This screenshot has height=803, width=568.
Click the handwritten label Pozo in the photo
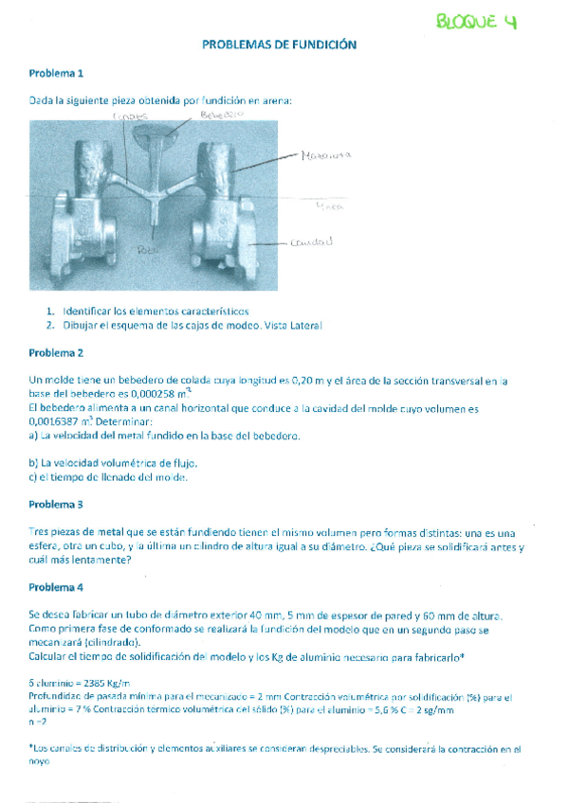145,250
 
